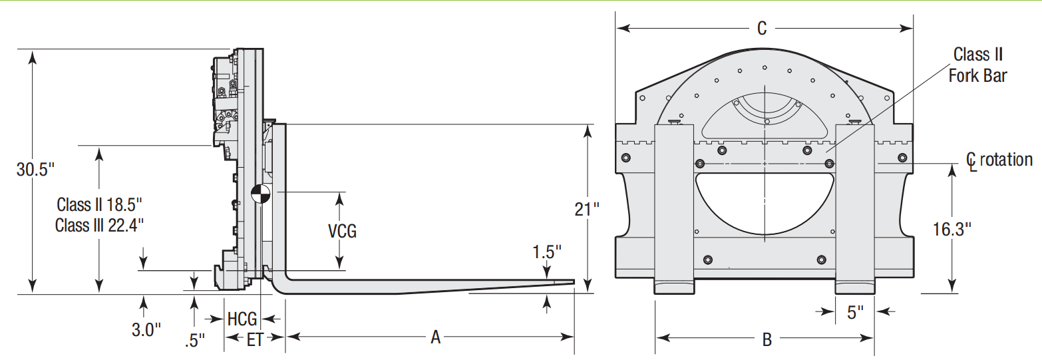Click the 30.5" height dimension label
click(35, 169)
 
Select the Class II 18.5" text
click(99, 205)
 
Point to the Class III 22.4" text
click(99, 226)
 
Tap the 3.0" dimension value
click(146, 330)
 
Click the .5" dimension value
click(194, 341)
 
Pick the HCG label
click(242, 319)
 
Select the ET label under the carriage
click(255, 340)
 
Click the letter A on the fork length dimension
click(435, 337)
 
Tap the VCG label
click(343, 231)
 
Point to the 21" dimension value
click(587, 210)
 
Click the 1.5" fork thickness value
click(546, 252)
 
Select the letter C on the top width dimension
click(761, 29)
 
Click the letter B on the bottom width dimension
click(767, 340)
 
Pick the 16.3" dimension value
click(952, 230)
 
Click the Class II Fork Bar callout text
click(978, 65)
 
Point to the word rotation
click(1006, 160)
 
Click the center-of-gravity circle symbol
click(261, 194)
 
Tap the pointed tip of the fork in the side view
click(574, 282)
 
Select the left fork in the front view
click(674, 210)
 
